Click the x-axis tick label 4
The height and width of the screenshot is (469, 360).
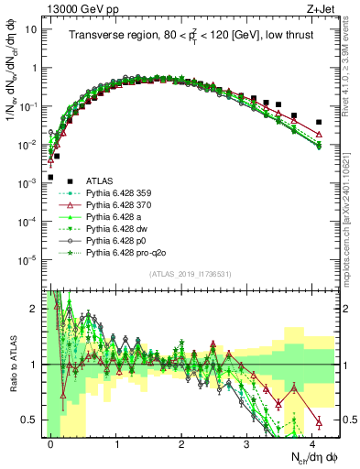[x=312, y=442]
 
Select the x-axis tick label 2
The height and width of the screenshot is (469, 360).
[x=182, y=442]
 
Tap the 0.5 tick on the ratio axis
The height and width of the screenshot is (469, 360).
[x=32, y=420]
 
